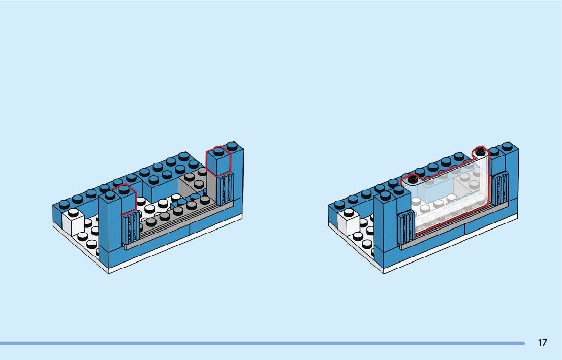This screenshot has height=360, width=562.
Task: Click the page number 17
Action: coord(542,343)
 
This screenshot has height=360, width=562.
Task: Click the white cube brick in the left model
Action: coord(72,223)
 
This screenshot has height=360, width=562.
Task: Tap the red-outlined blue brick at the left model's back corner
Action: coord(217,162)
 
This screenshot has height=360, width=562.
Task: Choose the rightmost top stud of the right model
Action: coord(507,146)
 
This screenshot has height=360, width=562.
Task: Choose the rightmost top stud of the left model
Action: coord(232,146)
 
